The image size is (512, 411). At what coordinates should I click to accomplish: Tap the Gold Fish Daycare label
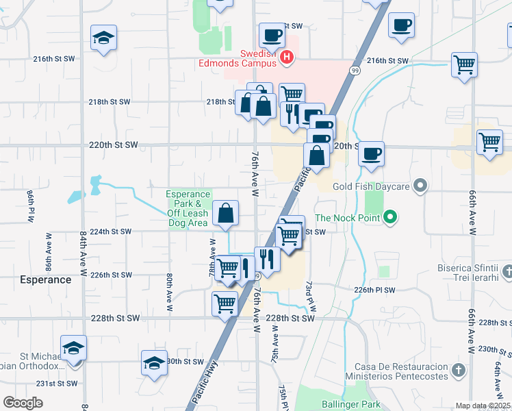point(370,186)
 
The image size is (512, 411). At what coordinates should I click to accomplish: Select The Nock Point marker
point(390,219)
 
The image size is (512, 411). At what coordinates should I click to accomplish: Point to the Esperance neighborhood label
point(46,279)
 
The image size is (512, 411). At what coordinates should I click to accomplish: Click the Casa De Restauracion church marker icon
point(458,371)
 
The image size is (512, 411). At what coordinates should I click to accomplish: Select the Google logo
point(23,403)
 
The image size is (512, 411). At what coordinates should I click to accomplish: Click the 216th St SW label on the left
point(53,59)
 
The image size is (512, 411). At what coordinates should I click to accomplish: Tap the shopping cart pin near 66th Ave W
point(489,142)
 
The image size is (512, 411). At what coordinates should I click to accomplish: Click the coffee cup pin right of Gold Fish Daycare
point(371,154)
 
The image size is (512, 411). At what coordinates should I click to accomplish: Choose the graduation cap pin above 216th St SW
point(103,38)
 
